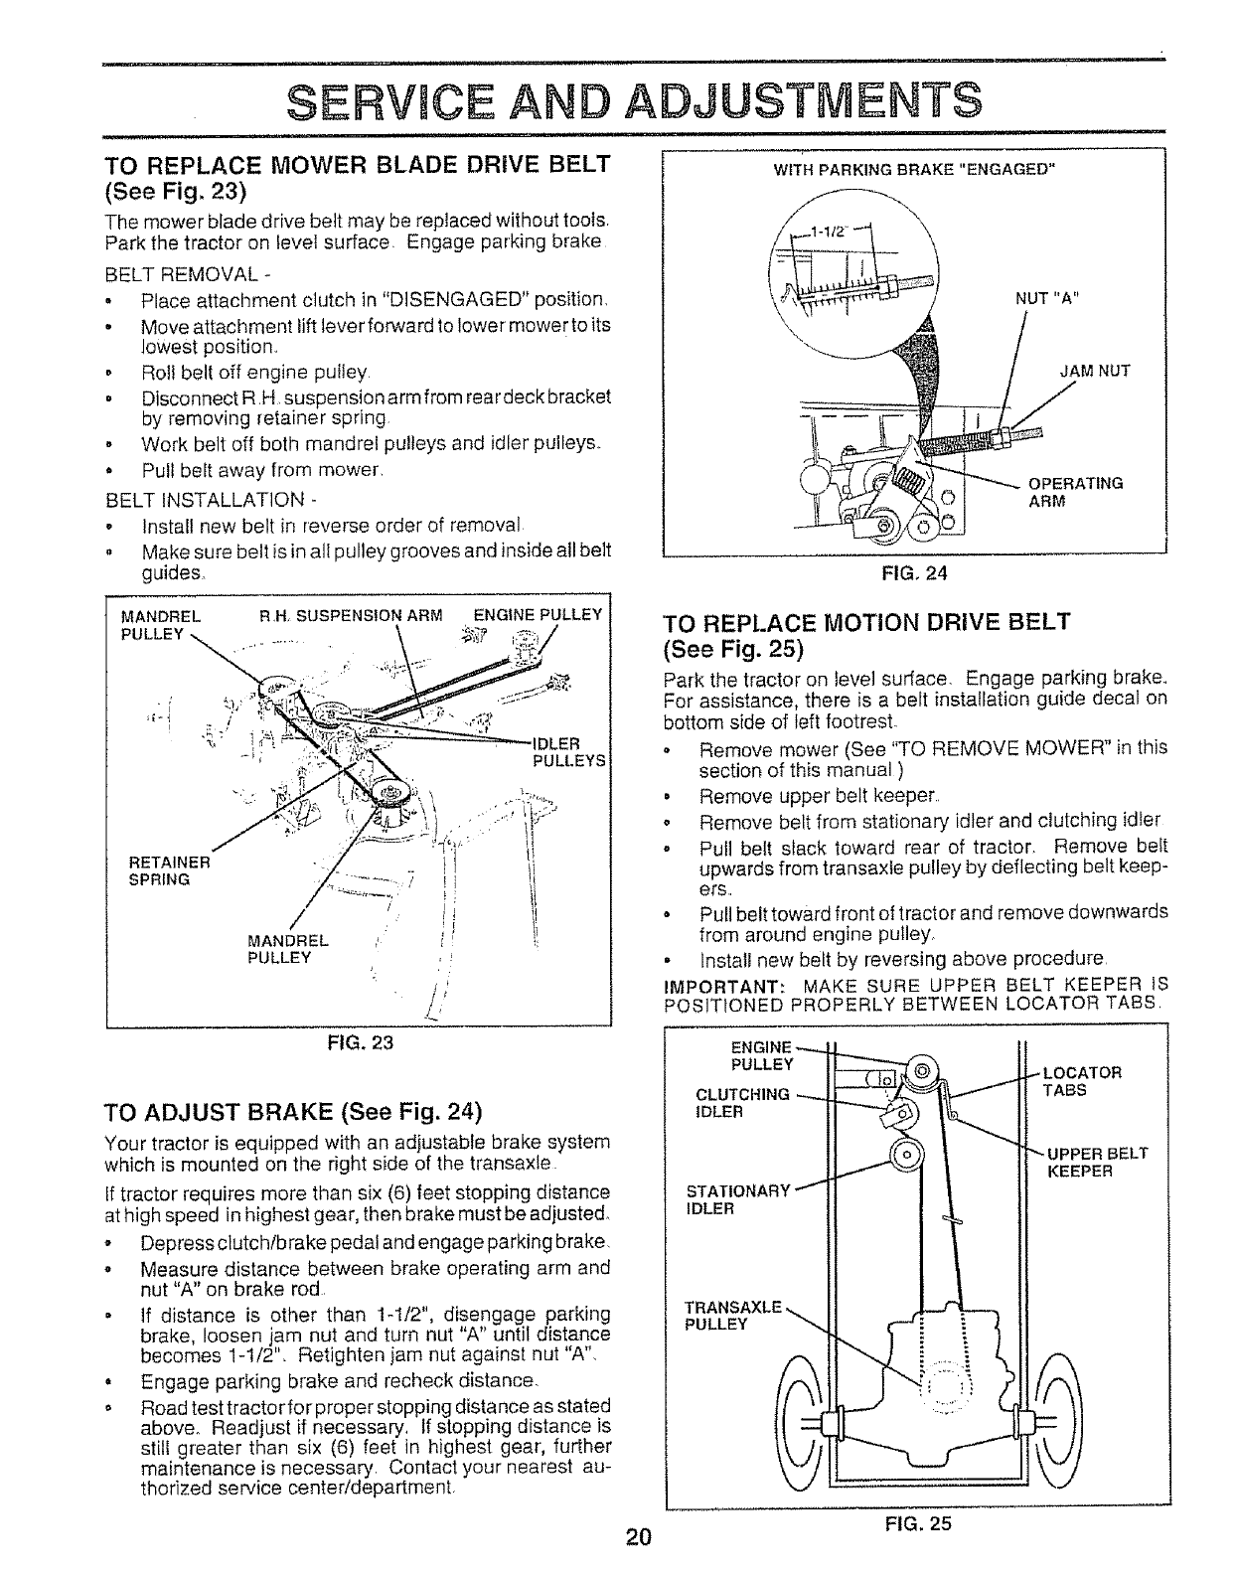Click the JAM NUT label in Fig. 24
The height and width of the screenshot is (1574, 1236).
[1095, 373]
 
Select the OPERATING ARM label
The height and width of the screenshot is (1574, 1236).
[1075, 492]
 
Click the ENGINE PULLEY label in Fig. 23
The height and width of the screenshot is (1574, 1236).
[538, 614]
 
